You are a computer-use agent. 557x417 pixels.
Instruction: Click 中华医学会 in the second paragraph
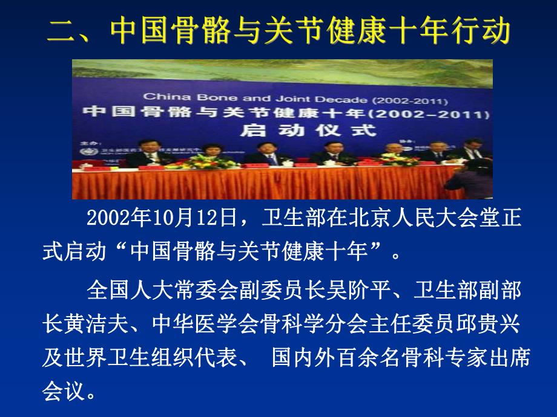click(x=206, y=325)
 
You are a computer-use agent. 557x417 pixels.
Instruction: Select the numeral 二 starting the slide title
click(x=64, y=32)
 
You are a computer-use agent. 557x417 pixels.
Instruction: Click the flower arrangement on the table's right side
click(x=397, y=158)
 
